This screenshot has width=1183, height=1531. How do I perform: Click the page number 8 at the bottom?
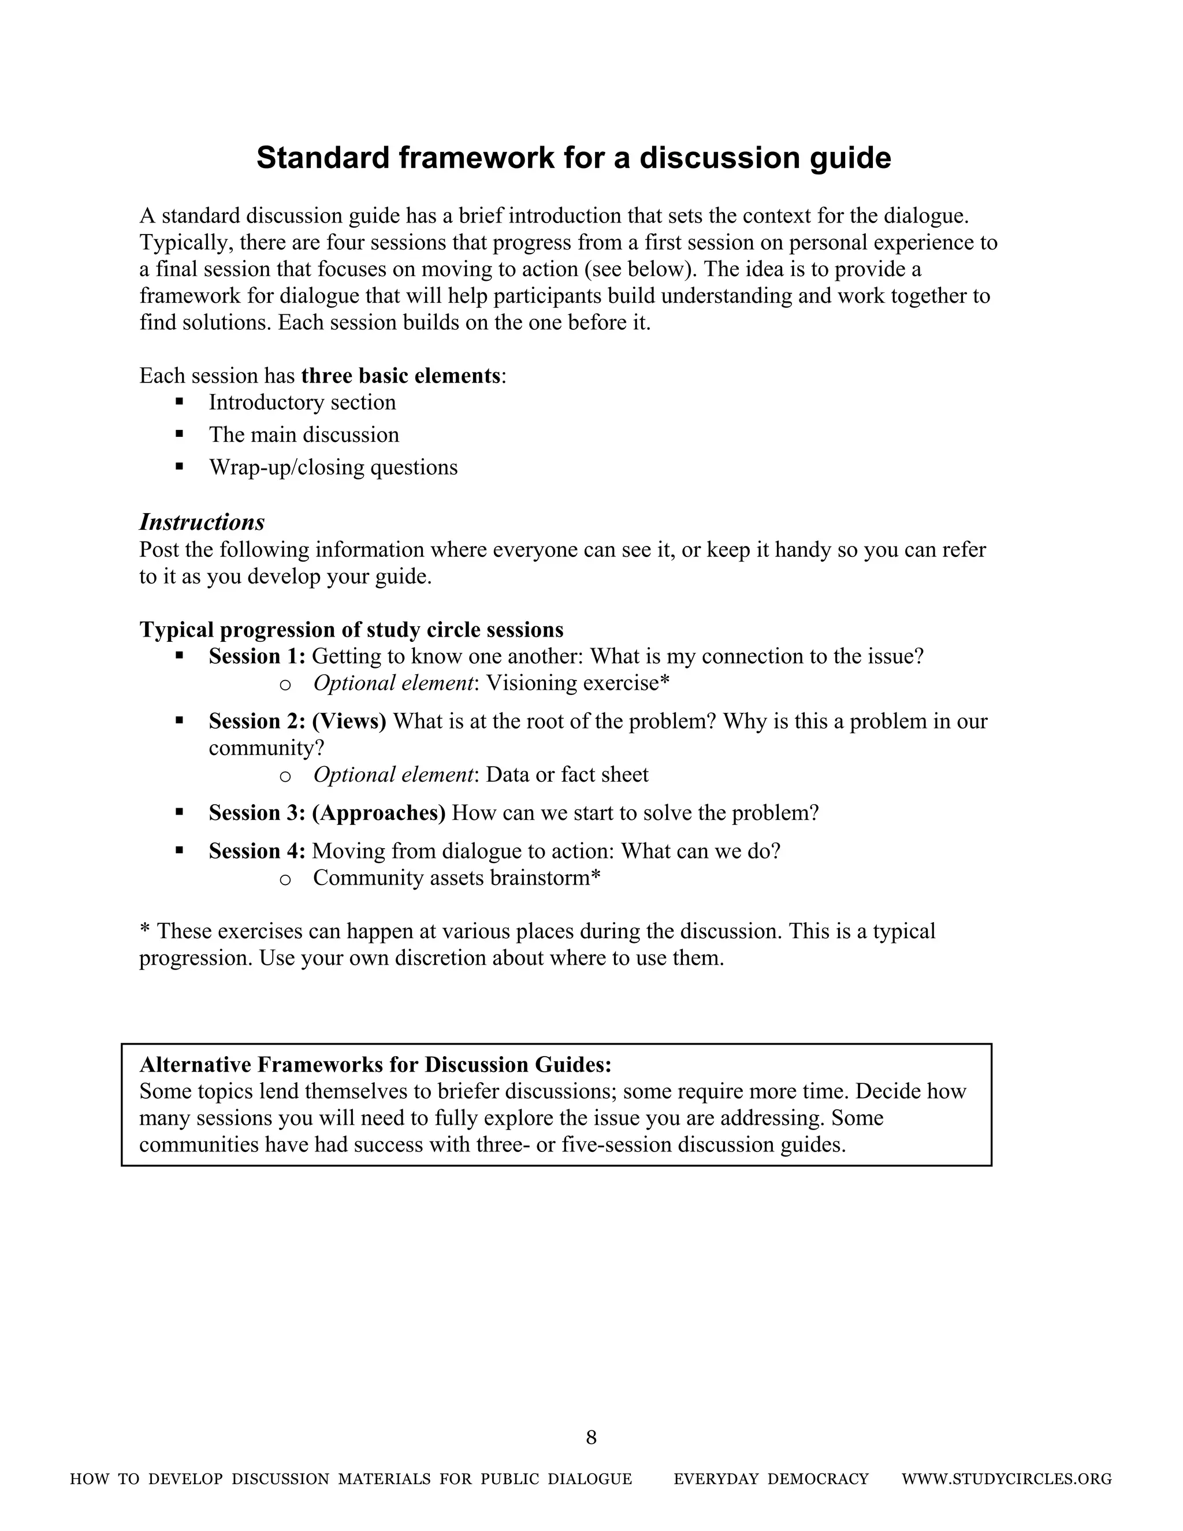pyautogui.click(x=591, y=1437)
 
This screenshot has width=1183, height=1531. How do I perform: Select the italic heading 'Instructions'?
pyautogui.click(x=202, y=522)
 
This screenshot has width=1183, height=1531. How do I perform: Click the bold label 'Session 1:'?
pyautogui.click(x=256, y=657)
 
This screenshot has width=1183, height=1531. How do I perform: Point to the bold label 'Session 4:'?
pyautogui.click(x=256, y=852)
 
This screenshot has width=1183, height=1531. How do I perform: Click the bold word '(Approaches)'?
pyautogui.click(x=378, y=813)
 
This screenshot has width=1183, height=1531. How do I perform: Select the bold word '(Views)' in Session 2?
pyautogui.click(x=349, y=722)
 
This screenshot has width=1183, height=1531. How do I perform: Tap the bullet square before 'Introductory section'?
pyautogui.click(x=180, y=402)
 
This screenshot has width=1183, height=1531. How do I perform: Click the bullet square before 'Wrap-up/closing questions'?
pyautogui.click(x=180, y=466)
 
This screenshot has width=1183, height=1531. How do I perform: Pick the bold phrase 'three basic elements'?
pyautogui.click(x=401, y=376)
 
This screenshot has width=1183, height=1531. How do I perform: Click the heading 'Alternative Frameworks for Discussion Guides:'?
pyautogui.click(x=375, y=1065)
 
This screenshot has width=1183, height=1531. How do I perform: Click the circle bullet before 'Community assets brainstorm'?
pyautogui.click(x=285, y=880)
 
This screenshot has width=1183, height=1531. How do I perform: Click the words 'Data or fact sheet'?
pyautogui.click(x=567, y=775)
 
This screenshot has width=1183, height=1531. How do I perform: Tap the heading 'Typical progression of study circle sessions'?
pyautogui.click(x=351, y=630)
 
